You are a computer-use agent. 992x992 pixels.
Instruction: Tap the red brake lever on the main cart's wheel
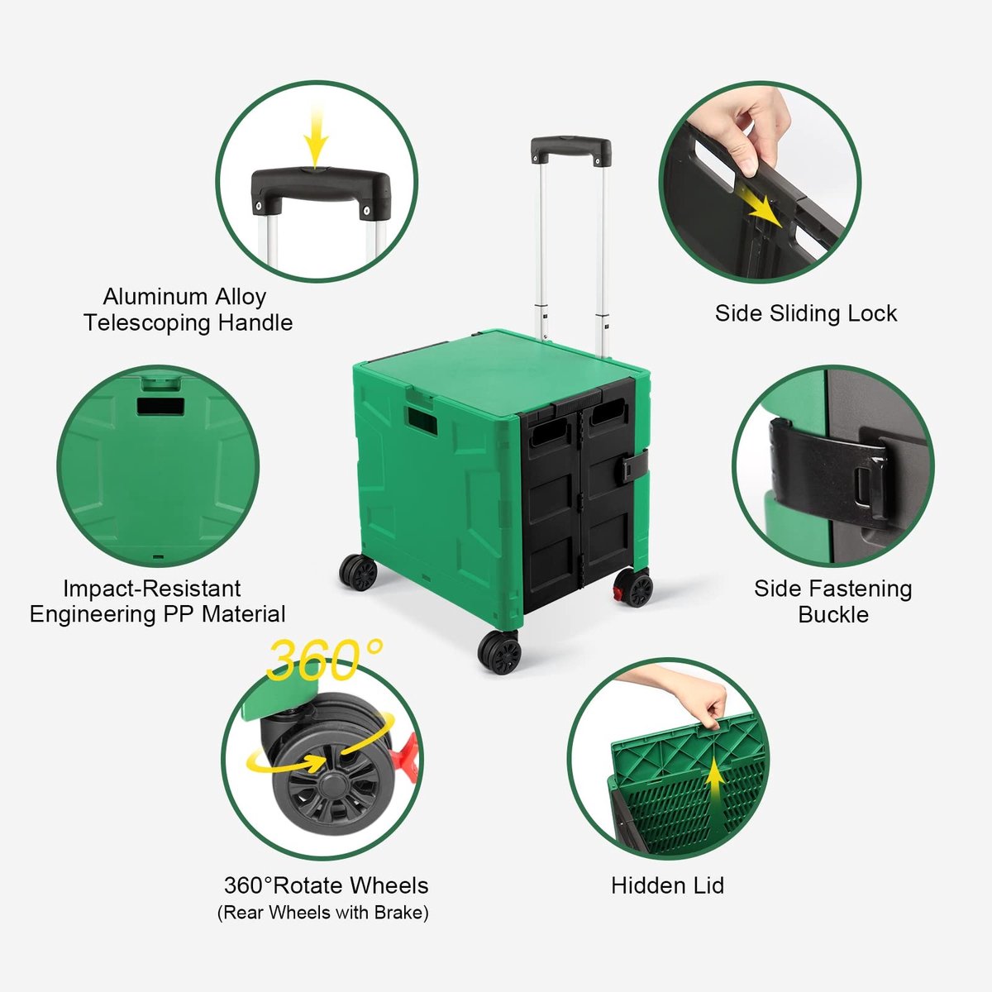pyautogui.click(x=618, y=594)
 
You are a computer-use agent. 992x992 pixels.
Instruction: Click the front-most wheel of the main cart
pyautogui.click(x=498, y=651)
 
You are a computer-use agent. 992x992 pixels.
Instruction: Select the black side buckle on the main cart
pyautogui.click(x=635, y=465)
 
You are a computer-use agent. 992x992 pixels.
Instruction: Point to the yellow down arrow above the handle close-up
pyautogui.click(x=316, y=135)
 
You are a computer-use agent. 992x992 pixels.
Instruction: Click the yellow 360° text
pyautogui.click(x=324, y=660)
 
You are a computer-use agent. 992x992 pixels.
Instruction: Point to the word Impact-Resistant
pyautogui.click(x=152, y=589)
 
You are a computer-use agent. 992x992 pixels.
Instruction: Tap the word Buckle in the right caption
pyautogui.click(x=833, y=615)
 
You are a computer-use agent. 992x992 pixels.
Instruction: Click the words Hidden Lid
pyautogui.click(x=668, y=885)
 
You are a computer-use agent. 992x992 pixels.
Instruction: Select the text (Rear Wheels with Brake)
pyautogui.click(x=322, y=913)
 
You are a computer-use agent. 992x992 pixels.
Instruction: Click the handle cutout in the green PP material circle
pyautogui.click(x=160, y=406)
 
